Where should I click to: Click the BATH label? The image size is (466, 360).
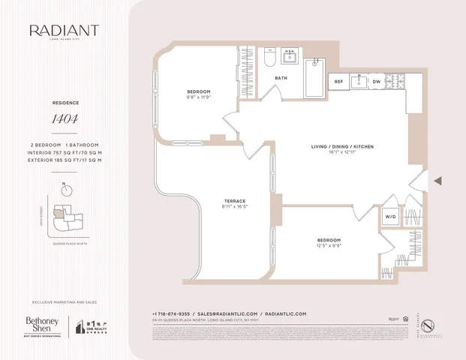pos(281,78)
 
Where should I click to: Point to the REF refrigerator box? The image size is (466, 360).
pos(338,81)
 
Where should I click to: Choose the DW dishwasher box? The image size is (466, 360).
pos(377,81)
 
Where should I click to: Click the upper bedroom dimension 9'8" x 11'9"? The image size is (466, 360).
pos(198,97)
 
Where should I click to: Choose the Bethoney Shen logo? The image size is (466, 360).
pos(42,325)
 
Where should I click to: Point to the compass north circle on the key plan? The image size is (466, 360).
pos(68,190)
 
